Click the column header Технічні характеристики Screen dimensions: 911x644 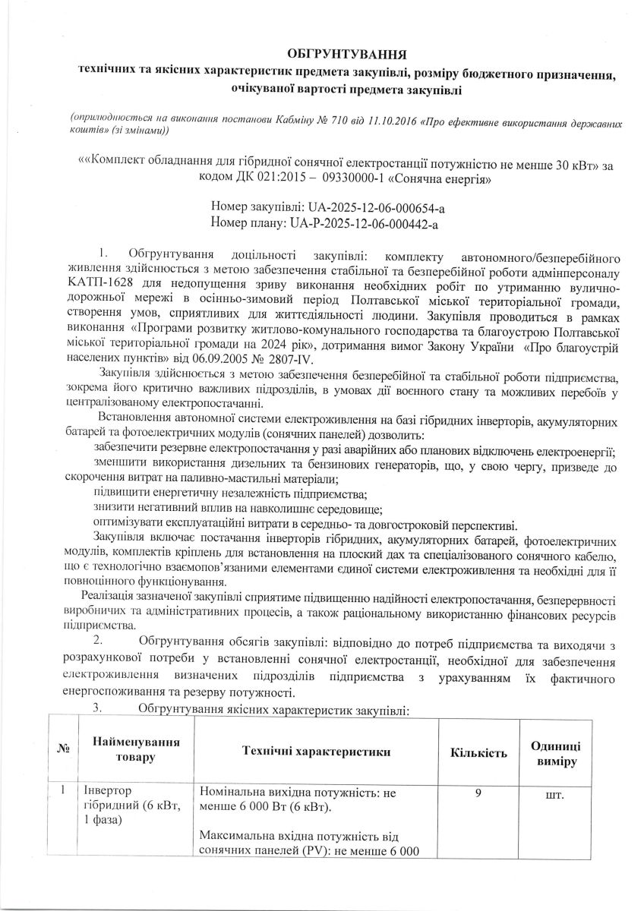tap(315, 752)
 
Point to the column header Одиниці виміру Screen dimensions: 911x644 tap(555, 752)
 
